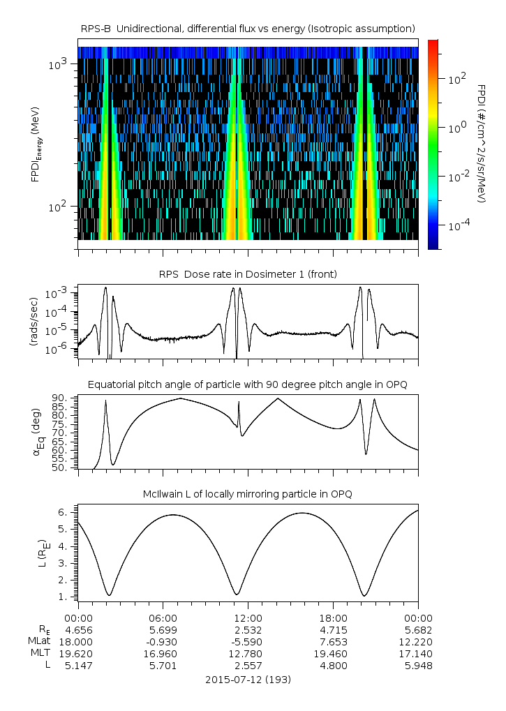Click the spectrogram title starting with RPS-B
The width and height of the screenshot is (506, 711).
pos(248,28)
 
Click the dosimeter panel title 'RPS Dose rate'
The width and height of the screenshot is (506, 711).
pos(248,274)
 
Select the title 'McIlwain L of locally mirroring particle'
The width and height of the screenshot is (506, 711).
pos(248,494)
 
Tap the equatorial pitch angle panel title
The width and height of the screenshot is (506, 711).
pos(248,384)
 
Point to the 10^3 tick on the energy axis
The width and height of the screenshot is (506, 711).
pos(57,64)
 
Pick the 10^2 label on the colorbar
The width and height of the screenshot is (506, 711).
pos(456,79)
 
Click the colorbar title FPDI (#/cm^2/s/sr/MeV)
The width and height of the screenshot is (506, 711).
pos(482,143)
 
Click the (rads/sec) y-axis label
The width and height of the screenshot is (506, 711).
pos(33,322)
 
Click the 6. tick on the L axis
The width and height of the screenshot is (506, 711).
pos(61,512)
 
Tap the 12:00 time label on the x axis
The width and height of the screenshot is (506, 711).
pos(248,618)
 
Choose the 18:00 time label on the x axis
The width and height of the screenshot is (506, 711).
pos(333,618)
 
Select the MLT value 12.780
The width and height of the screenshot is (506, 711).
pos(248,653)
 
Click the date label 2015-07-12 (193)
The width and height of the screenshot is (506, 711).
pos(248,679)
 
